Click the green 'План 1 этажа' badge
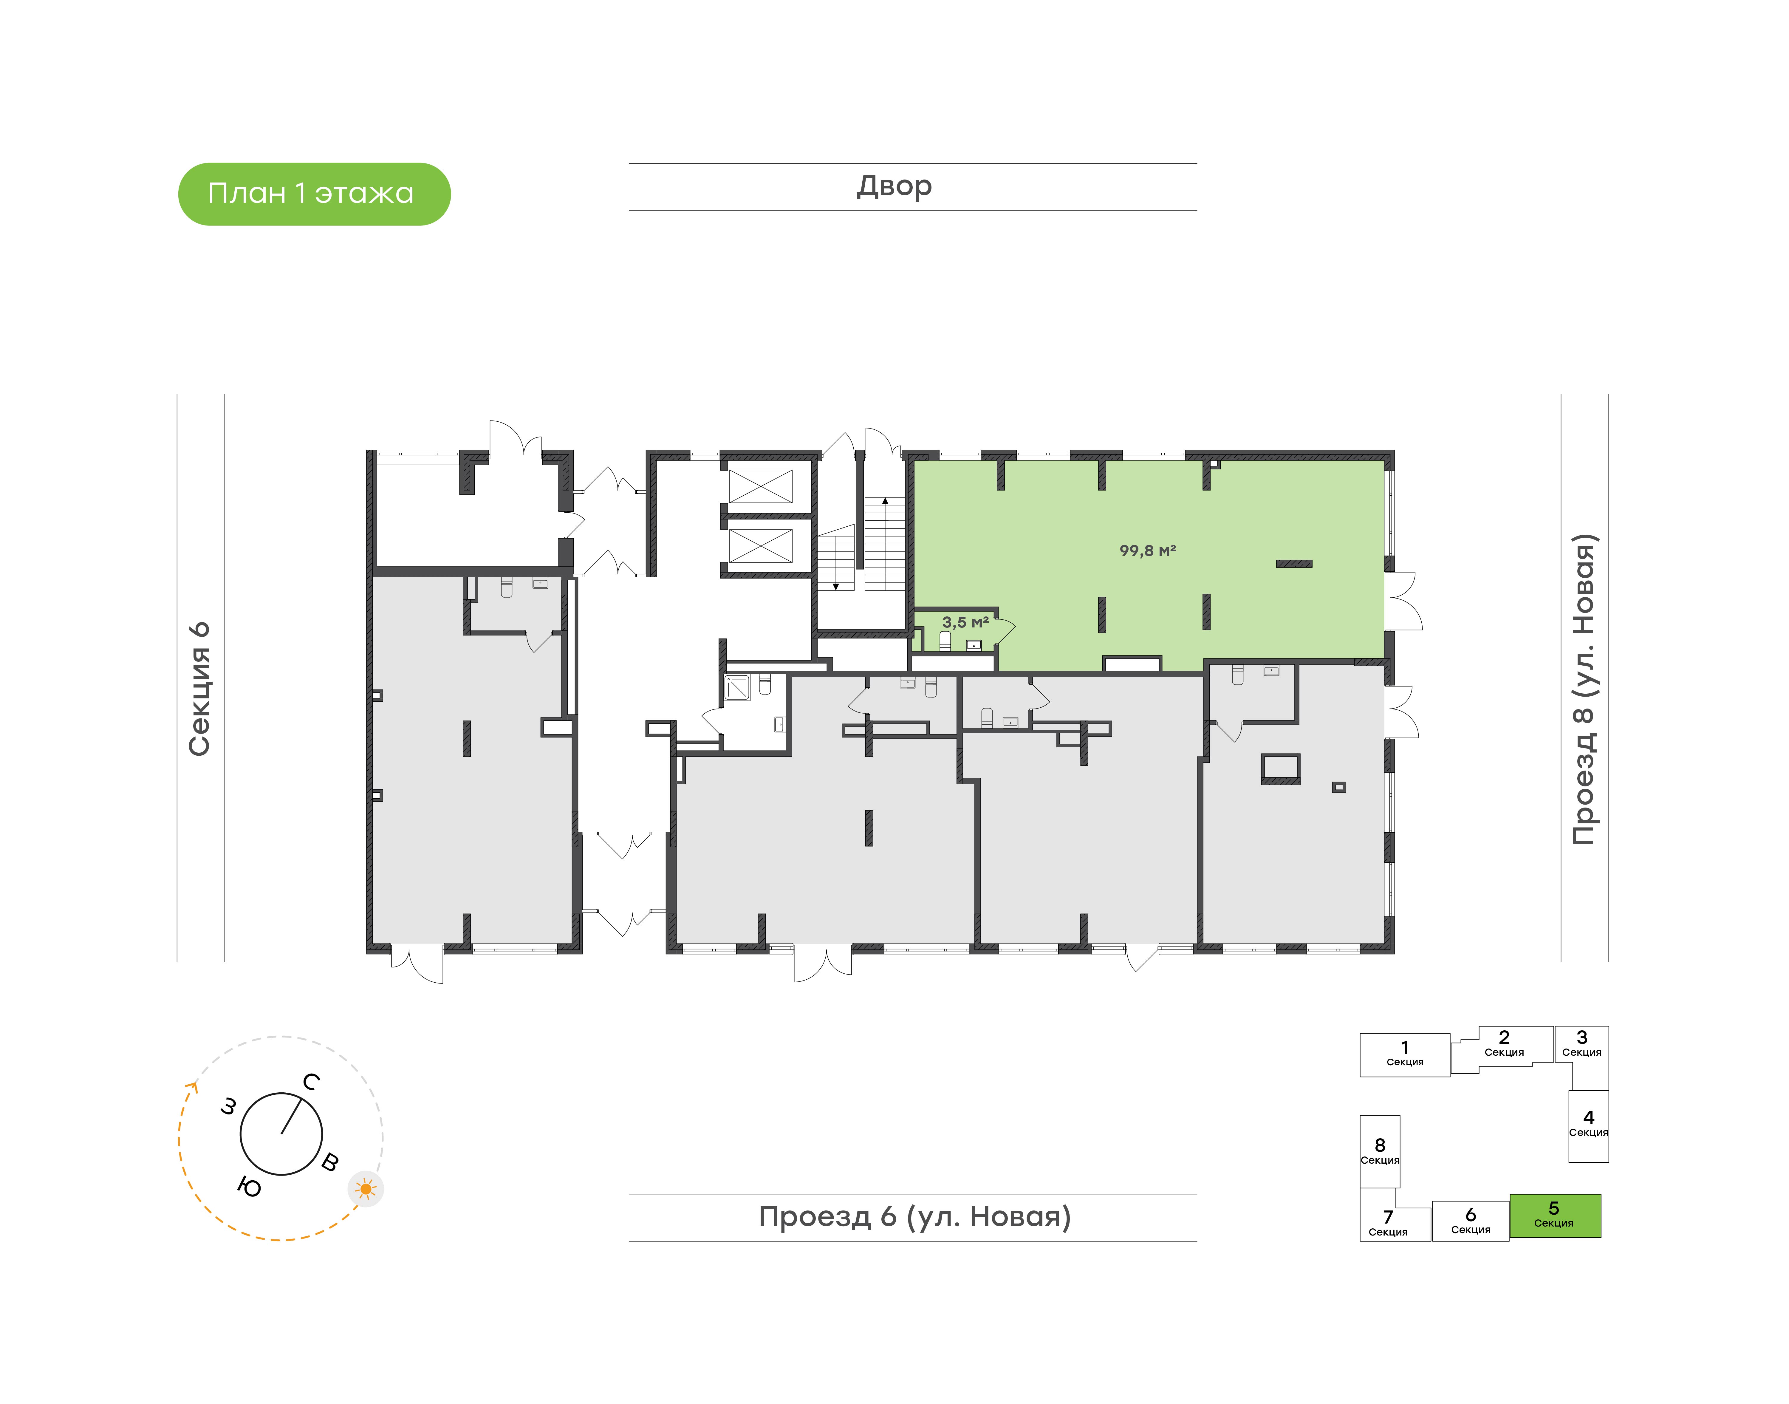click(314, 194)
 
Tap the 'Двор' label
click(894, 187)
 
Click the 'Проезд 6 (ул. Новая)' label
click(915, 1217)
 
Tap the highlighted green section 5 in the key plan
click(1555, 1215)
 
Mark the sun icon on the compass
click(366, 1189)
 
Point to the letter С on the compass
click(311, 1082)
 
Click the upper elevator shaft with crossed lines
click(761, 486)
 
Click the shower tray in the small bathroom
click(737, 687)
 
